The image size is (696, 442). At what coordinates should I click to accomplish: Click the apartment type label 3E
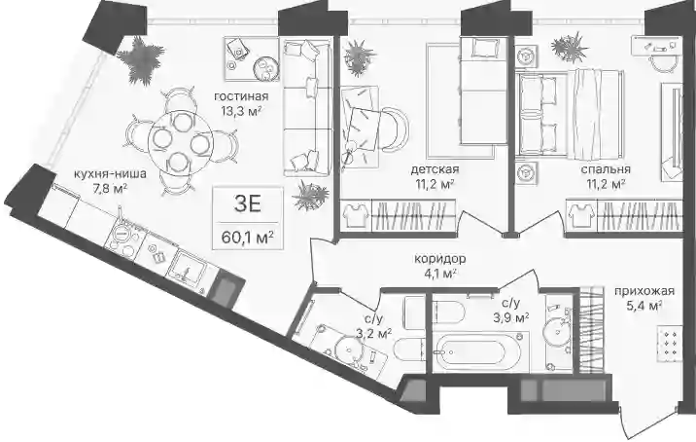pyautogui.click(x=247, y=204)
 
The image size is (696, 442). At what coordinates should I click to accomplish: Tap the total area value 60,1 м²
pyautogui.click(x=247, y=238)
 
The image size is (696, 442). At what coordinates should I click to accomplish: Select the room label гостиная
pyautogui.click(x=241, y=96)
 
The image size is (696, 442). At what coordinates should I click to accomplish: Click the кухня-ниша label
pyautogui.click(x=110, y=173)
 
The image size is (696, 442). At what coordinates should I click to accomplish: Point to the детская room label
pyautogui.click(x=435, y=169)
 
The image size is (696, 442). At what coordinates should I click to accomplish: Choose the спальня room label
pyautogui.click(x=606, y=169)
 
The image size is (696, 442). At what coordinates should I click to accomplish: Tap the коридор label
pyautogui.click(x=439, y=258)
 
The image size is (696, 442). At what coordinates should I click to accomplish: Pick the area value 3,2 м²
pyautogui.click(x=373, y=333)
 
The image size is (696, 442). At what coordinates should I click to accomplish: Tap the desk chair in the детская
pyautogui.click(x=395, y=129)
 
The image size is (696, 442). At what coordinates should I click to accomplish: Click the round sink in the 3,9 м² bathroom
pyautogui.click(x=556, y=330)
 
